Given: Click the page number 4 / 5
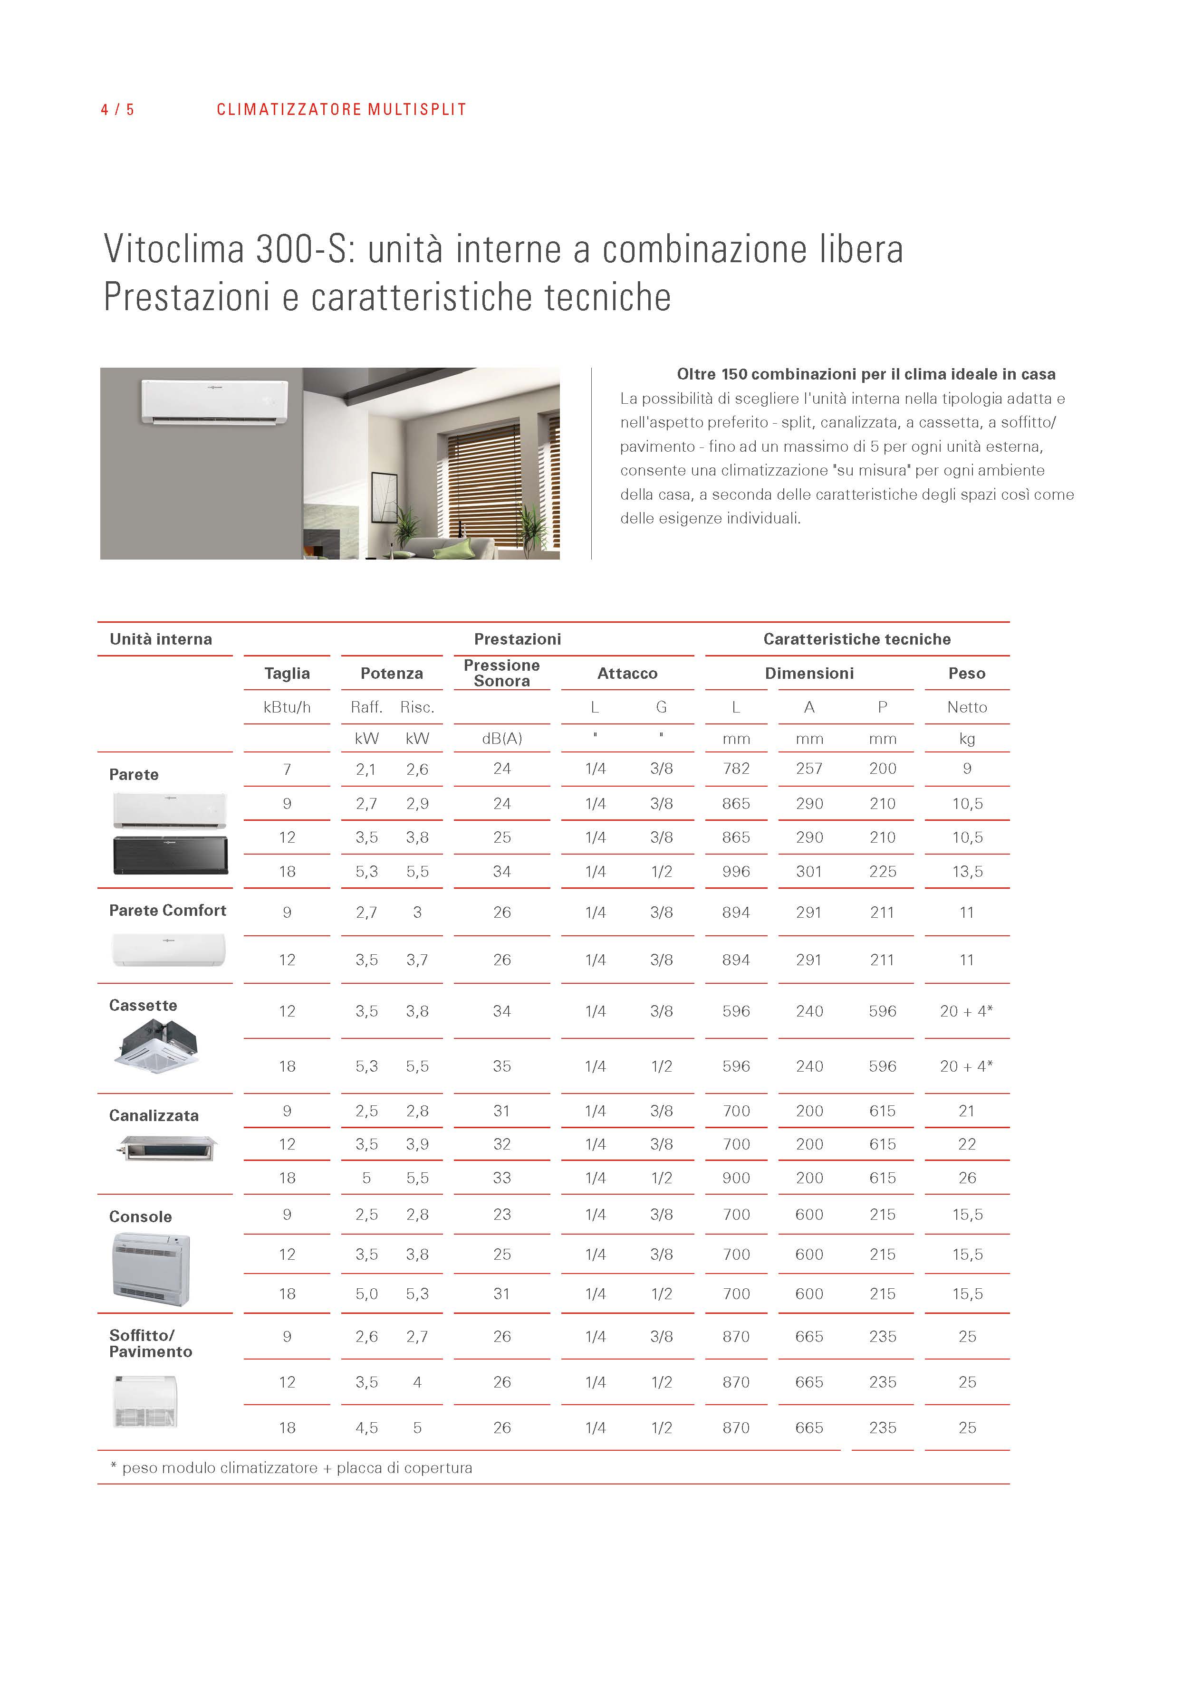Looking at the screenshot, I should click(x=117, y=110).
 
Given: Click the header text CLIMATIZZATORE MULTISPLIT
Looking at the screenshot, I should click(x=341, y=110).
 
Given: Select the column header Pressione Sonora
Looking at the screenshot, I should click(x=501, y=673).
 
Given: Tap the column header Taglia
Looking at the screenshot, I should click(x=287, y=673).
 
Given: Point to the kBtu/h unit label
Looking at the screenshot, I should click(x=287, y=707).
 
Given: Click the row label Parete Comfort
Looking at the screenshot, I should click(x=167, y=911).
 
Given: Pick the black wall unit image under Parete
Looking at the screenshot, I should click(x=170, y=856).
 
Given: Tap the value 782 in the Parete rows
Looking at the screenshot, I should click(x=736, y=769).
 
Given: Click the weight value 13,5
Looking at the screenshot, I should click(x=967, y=872).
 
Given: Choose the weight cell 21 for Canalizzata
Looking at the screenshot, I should click(x=967, y=1111).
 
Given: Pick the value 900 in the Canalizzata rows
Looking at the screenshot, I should click(x=736, y=1178).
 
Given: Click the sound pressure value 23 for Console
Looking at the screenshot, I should click(x=501, y=1215).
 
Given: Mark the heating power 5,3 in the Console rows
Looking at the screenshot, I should click(x=417, y=1294).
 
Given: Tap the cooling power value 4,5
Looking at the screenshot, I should click(x=367, y=1428).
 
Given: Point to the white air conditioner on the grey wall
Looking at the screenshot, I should click(x=214, y=401).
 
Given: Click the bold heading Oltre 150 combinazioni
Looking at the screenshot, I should click(x=866, y=375).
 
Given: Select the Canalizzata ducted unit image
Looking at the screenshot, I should click(x=167, y=1148).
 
